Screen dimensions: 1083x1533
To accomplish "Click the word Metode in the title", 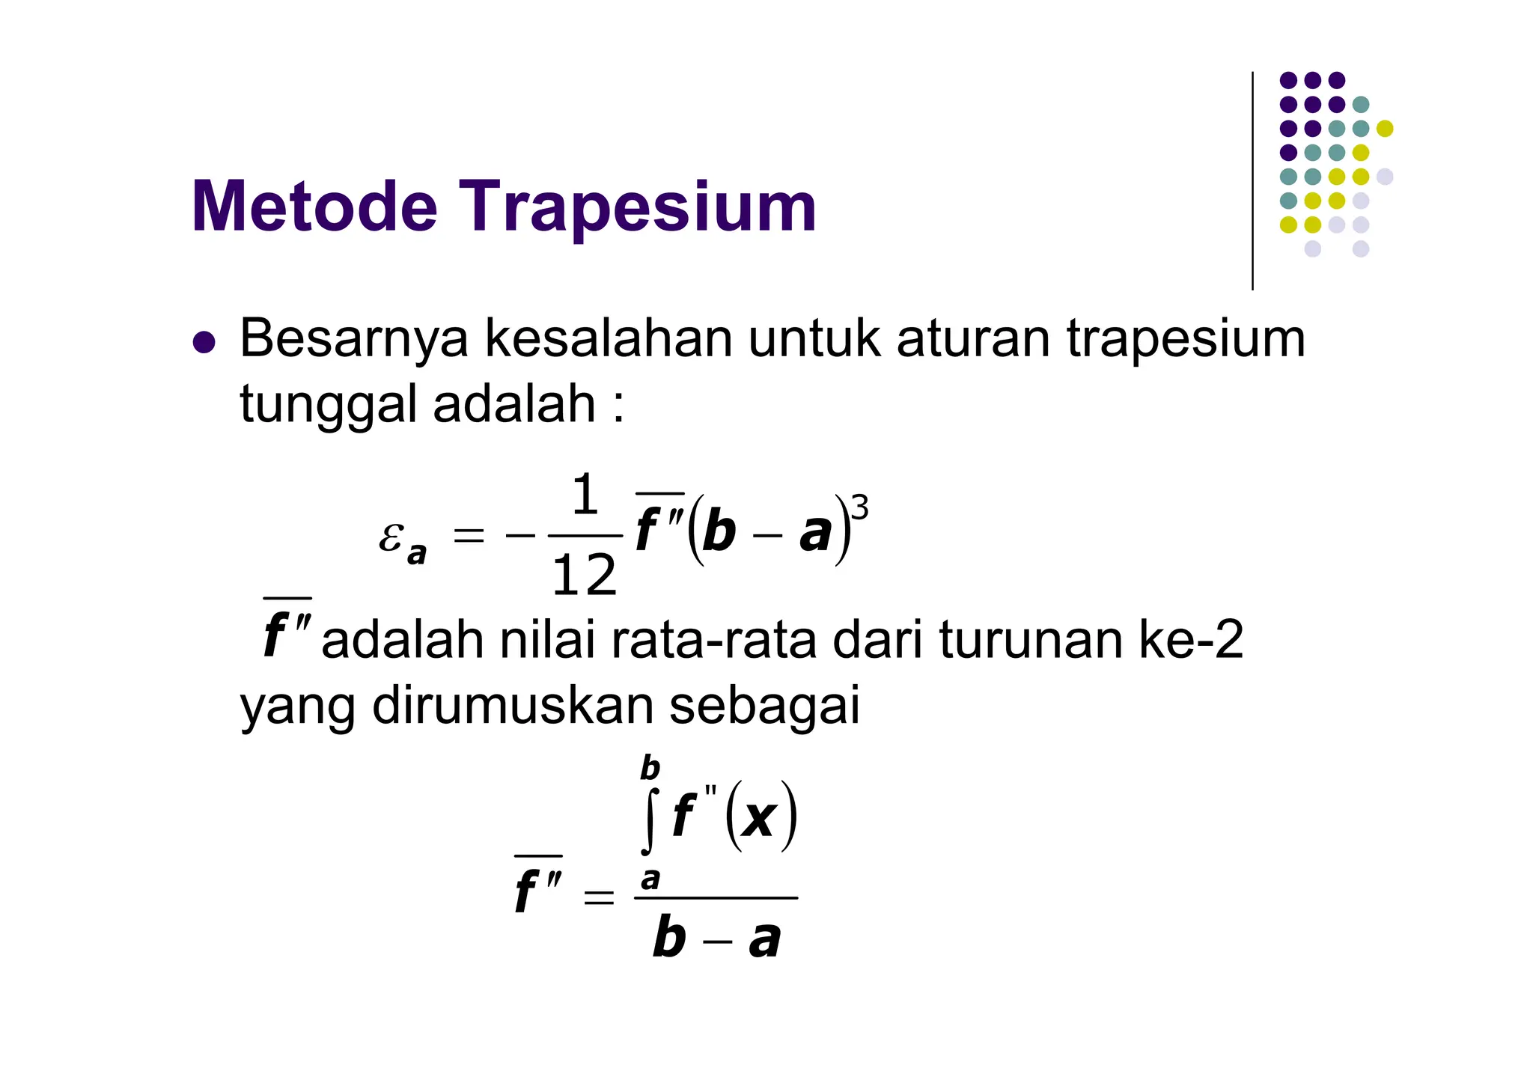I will point(314,207).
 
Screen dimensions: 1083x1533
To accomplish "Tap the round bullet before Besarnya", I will point(204,343).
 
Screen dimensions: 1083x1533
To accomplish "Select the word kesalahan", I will point(609,339).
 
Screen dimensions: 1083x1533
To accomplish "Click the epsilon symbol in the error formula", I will point(391,536).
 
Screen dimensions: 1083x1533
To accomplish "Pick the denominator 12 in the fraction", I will point(584,576).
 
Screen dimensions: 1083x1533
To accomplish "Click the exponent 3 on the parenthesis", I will point(861,508).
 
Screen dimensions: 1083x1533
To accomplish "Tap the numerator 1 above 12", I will point(585,495).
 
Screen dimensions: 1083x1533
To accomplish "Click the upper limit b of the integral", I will point(650,769).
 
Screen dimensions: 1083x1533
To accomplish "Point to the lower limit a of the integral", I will point(650,879).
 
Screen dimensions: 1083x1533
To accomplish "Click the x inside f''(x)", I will point(760,817).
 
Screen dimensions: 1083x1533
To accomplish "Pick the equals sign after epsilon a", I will point(469,536).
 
